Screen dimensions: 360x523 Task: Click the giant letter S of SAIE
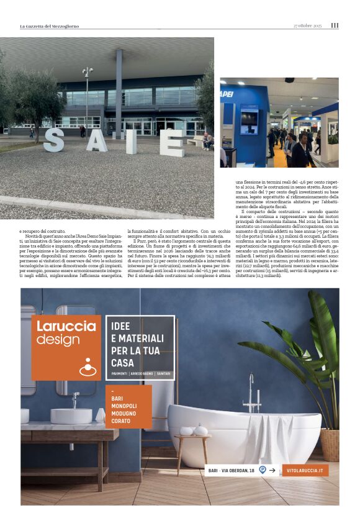pos(53,140)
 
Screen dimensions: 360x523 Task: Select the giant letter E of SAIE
pos(171,142)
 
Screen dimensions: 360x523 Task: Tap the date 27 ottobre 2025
pos(308,25)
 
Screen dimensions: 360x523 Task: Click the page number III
pos(335,25)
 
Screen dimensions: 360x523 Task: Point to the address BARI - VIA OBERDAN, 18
pos(232,471)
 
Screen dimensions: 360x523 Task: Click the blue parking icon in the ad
pos(263,470)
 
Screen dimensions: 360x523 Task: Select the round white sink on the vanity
pos(71,416)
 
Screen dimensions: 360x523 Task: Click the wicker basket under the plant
pos(330,444)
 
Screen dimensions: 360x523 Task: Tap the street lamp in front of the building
pos(87,93)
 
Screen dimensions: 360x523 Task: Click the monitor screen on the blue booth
pos(250,119)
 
